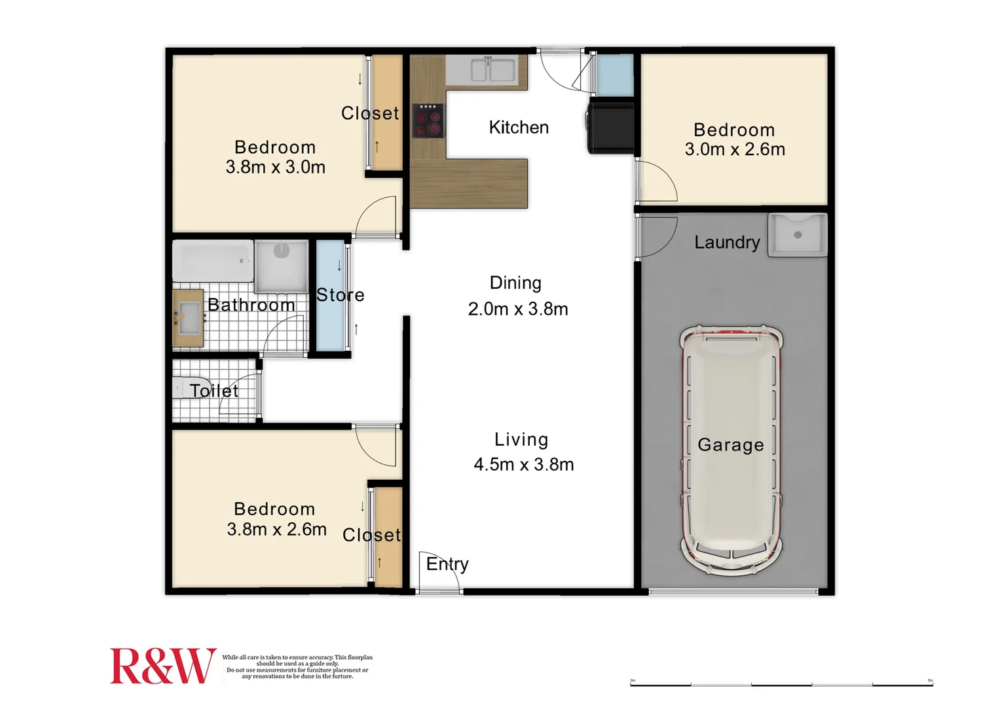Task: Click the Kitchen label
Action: point(519,127)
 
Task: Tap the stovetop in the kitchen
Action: point(428,121)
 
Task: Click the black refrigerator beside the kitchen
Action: point(611,127)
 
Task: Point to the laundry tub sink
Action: point(797,234)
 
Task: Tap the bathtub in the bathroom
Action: point(212,261)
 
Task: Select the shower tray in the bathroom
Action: point(282,266)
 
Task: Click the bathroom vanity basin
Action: point(189,317)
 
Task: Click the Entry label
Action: point(447,564)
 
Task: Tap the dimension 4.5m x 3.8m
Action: point(523,465)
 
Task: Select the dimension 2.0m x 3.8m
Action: point(517,309)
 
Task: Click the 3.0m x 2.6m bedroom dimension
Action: point(735,150)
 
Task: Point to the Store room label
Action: point(340,295)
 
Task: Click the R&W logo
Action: point(162,666)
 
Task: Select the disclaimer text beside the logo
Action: point(297,667)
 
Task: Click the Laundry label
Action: point(727,243)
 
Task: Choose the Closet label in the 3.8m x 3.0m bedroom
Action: point(370,113)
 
